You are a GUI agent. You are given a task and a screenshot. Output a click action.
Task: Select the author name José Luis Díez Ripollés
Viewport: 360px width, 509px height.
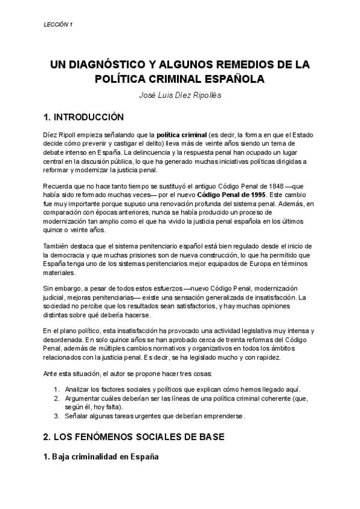click(x=180, y=95)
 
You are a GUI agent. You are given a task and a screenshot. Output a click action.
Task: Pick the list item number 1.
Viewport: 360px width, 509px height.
click(x=56, y=390)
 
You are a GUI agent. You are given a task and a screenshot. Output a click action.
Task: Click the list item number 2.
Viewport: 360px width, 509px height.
click(x=56, y=398)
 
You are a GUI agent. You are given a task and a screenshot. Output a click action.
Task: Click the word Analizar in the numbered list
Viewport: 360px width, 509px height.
click(x=78, y=390)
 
